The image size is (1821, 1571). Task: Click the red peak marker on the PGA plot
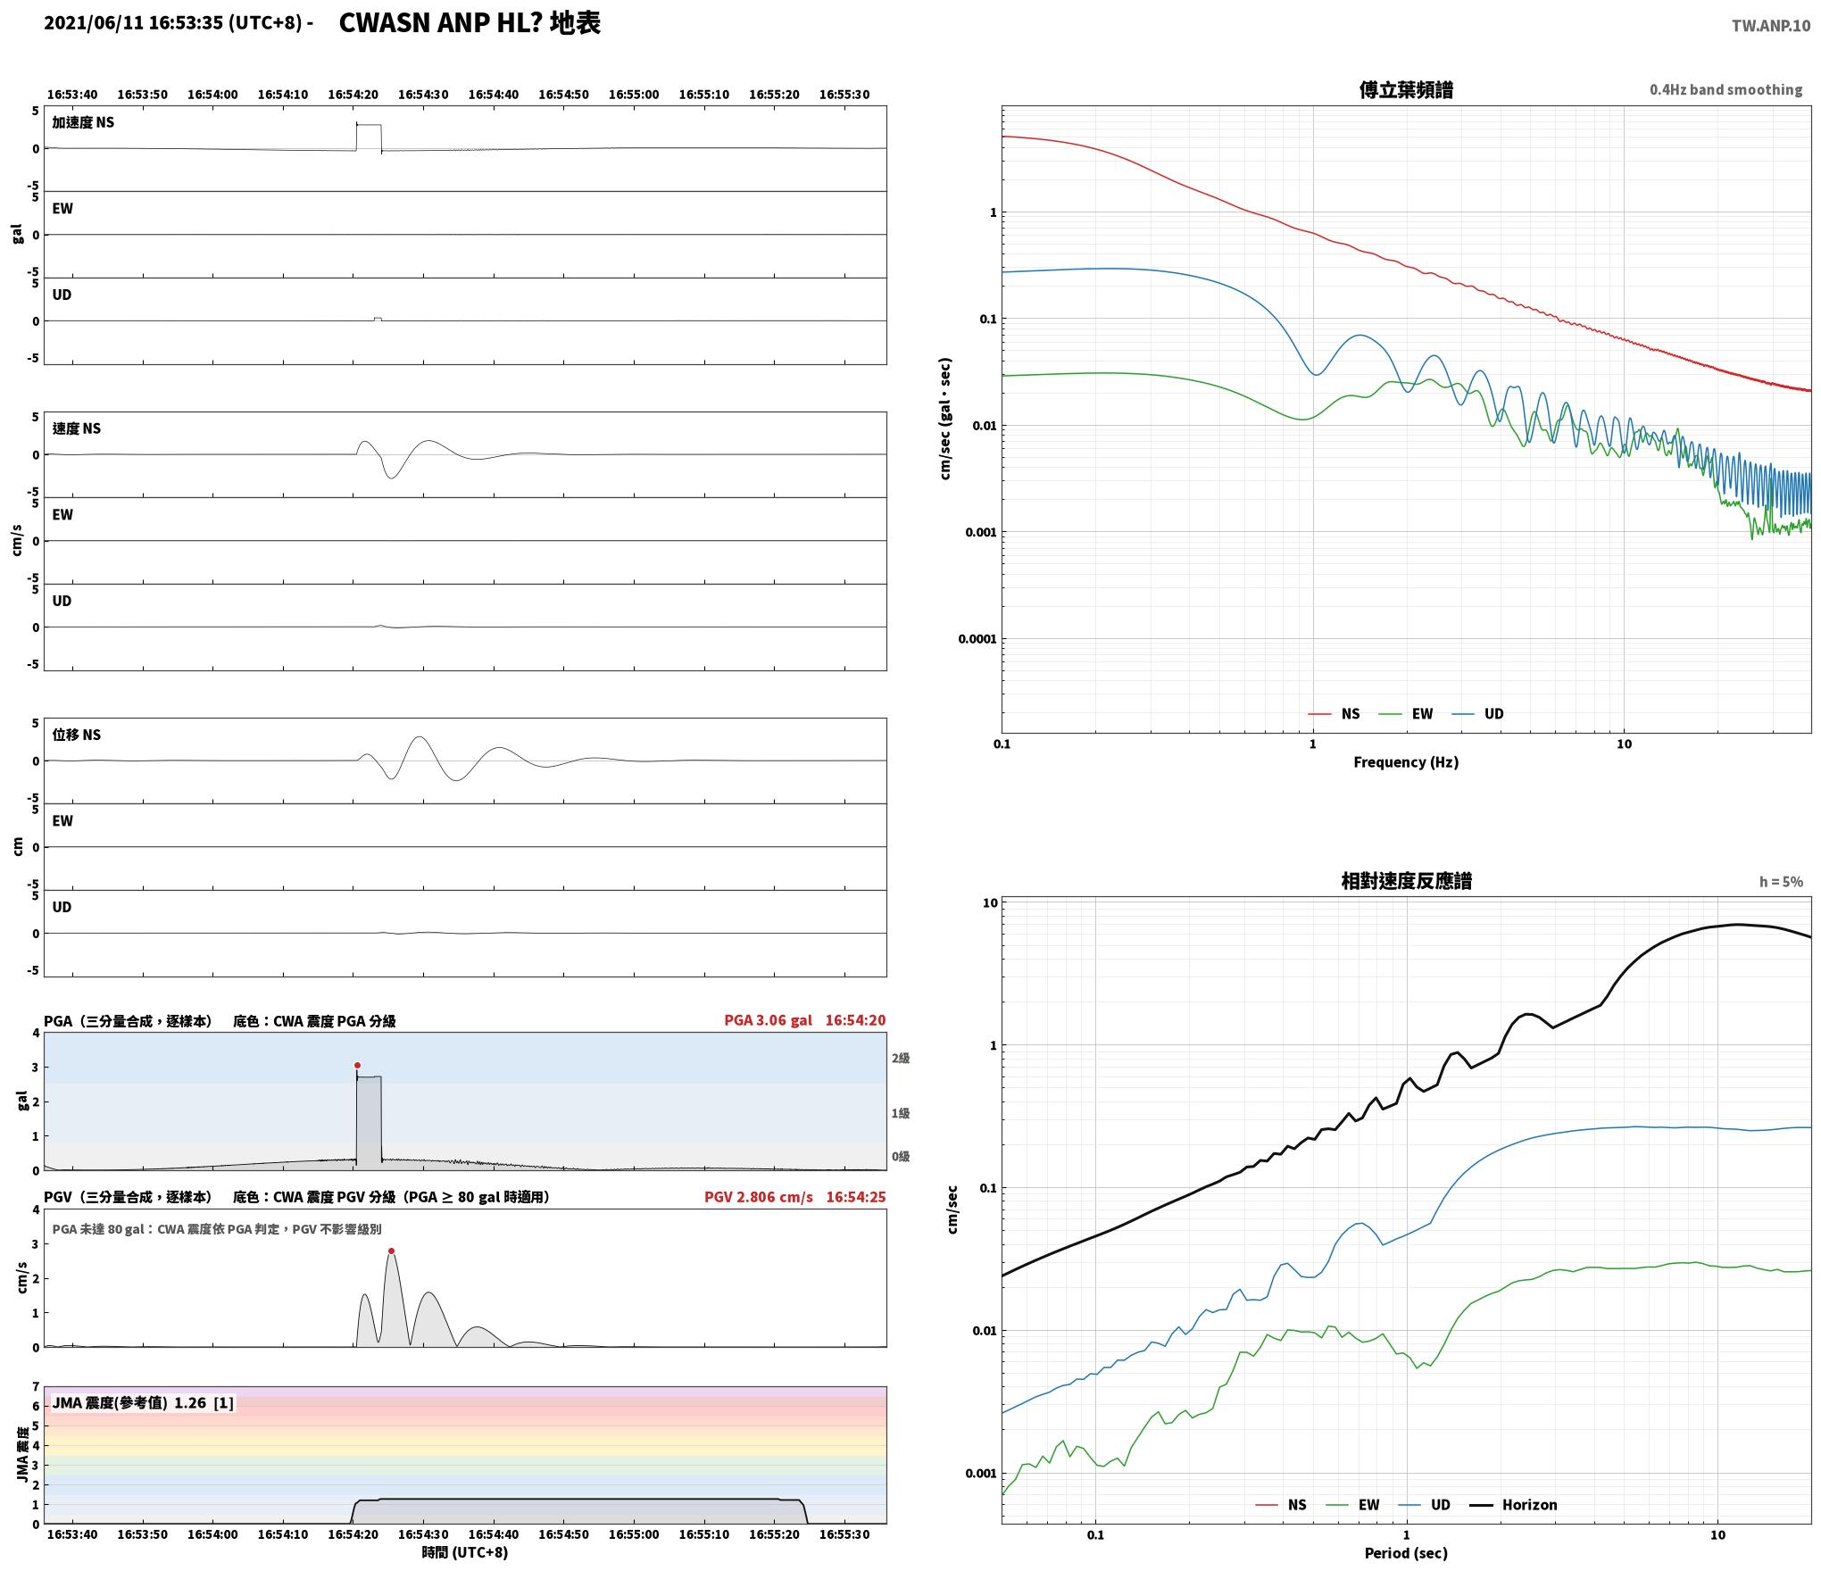pos(357,1065)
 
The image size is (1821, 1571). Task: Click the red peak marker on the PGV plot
pos(391,1251)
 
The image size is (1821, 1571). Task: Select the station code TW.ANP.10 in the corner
pos(1771,26)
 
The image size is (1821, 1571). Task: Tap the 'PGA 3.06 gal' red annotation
pos(768,1020)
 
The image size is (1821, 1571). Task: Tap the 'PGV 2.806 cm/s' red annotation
pos(759,1197)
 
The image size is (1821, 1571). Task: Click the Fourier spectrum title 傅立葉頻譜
pos(1406,89)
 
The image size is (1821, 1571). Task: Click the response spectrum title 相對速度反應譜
pos(1406,881)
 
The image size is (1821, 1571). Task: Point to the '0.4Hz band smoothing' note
pos(1725,90)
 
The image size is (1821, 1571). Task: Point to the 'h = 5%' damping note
pos(1781,882)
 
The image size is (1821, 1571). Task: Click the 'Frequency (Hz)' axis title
pos(1406,762)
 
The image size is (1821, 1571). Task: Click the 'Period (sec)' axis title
pos(1406,1553)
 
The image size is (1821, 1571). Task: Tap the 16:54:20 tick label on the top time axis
pos(353,95)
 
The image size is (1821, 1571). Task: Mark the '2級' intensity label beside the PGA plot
pos(900,1059)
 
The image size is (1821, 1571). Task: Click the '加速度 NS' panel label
pos(83,122)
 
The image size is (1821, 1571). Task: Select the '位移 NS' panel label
pos(77,735)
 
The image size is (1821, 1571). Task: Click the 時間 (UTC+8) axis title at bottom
pos(465,1552)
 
